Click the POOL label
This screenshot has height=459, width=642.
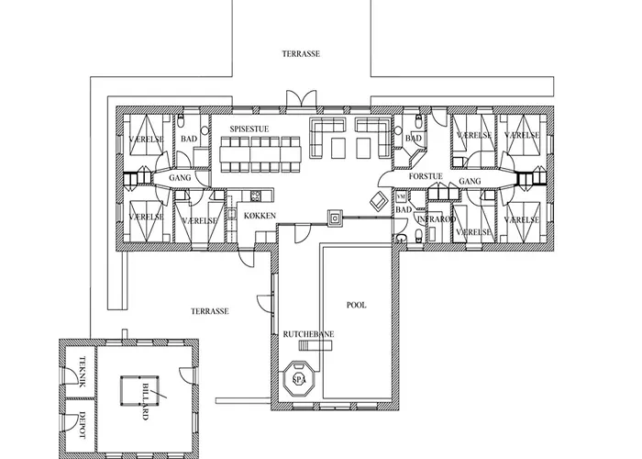pyautogui.click(x=356, y=305)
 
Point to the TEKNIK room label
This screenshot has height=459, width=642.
pyautogui.click(x=81, y=371)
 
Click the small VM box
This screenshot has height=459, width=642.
pyautogui.click(x=401, y=196)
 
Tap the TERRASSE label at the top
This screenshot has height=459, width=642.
pyautogui.click(x=300, y=55)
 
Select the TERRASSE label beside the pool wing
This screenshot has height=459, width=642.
pyautogui.click(x=210, y=311)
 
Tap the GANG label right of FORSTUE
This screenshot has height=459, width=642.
pyautogui.click(x=470, y=183)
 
